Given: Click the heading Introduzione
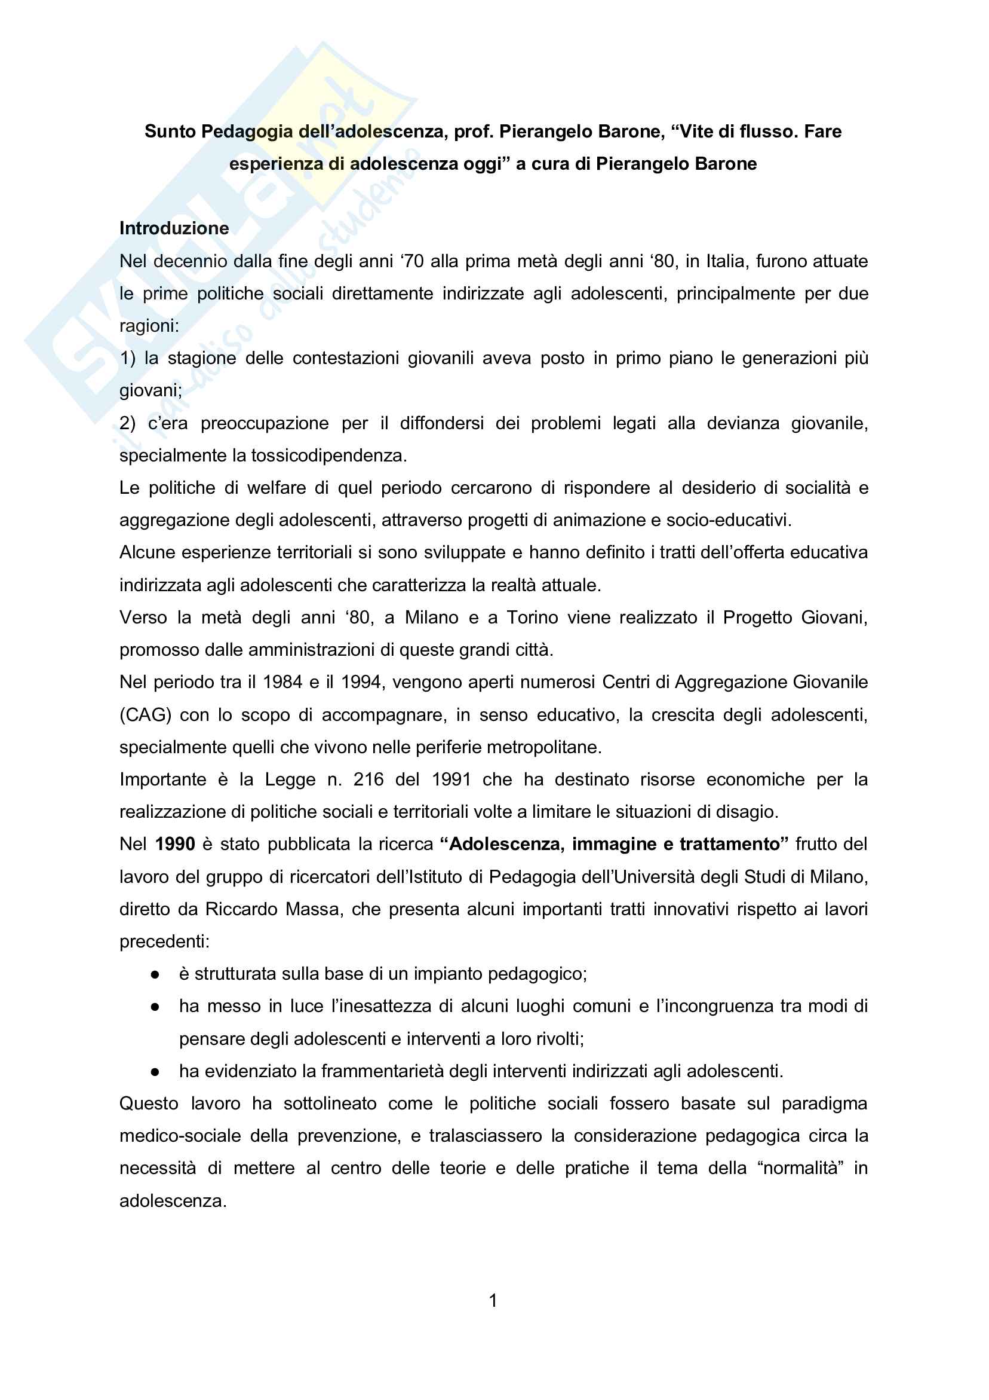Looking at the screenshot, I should coord(174,228).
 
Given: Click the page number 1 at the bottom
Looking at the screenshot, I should coord(493,1301).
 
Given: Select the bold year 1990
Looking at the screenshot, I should coord(175,844).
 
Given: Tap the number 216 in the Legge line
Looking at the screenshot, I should coord(368,780).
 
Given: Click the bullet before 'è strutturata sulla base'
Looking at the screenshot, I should coord(155,975).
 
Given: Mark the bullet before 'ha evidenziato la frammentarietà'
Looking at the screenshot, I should coord(155,1072).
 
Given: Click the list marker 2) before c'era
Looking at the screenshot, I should coord(127,423).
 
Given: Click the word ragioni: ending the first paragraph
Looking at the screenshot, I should coord(149,326).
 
